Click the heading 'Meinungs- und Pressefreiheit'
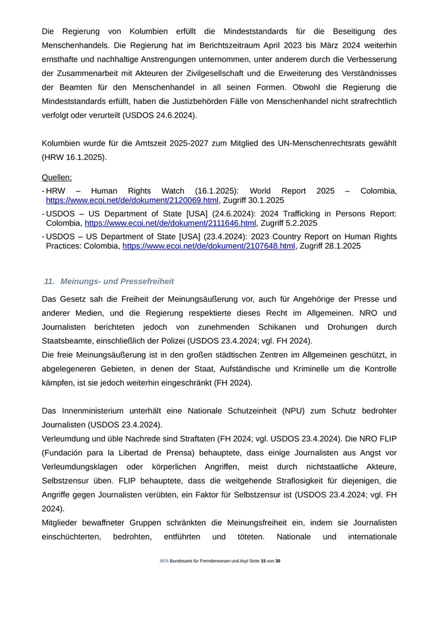[117, 282]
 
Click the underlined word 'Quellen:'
[56, 178]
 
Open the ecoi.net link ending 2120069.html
[132, 200]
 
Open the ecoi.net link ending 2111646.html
[171, 223]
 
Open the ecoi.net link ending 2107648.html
[208, 246]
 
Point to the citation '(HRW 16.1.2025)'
[74, 157]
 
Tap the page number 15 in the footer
[263, 561]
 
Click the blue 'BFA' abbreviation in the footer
[164, 561]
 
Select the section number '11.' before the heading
[50, 282]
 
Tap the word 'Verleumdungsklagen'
[83, 468]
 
